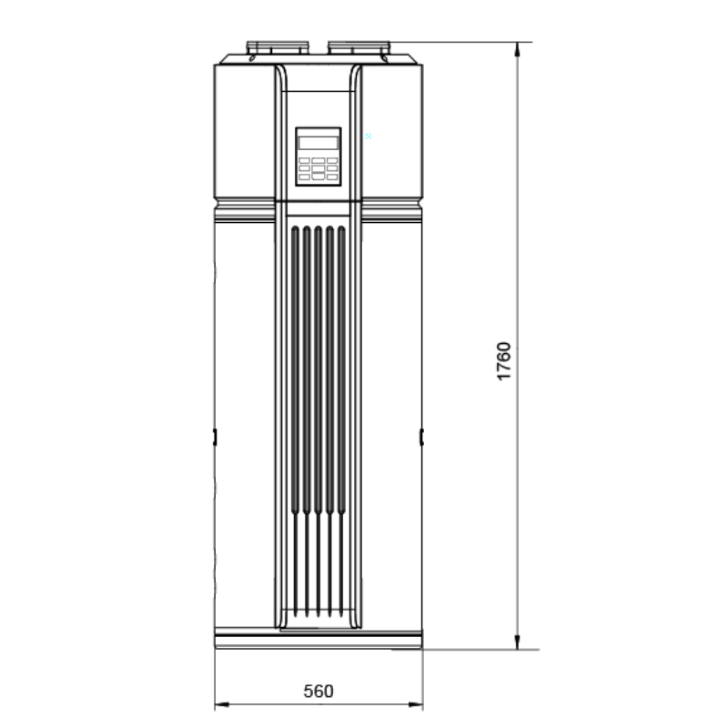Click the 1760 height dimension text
pos(505,362)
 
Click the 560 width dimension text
pos(318,691)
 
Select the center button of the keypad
pos(318,167)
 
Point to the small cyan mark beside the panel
pos(368,136)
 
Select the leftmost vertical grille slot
pos(294,419)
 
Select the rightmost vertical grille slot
pos(341,419)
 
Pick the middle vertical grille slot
pos(318,419)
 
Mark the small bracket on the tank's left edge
pos(215,437)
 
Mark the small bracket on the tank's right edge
pos(421,437)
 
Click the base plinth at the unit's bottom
pos(318,638)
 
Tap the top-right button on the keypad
pos(332,160)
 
